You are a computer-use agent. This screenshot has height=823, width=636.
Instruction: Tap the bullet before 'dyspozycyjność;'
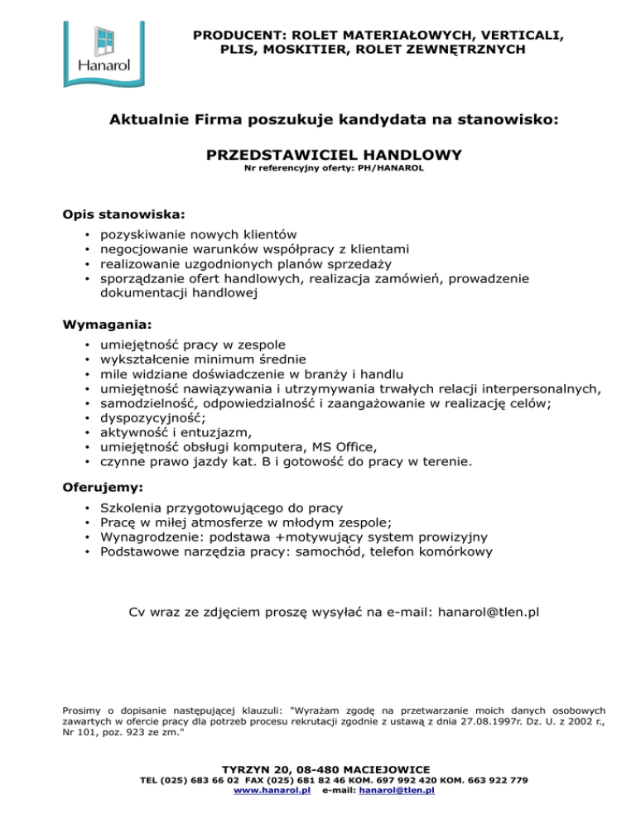pos(87,417)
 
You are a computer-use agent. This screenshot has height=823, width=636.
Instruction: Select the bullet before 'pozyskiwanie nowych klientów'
pos(87,234)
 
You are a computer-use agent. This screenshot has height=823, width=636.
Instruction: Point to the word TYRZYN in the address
pos(248,769)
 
